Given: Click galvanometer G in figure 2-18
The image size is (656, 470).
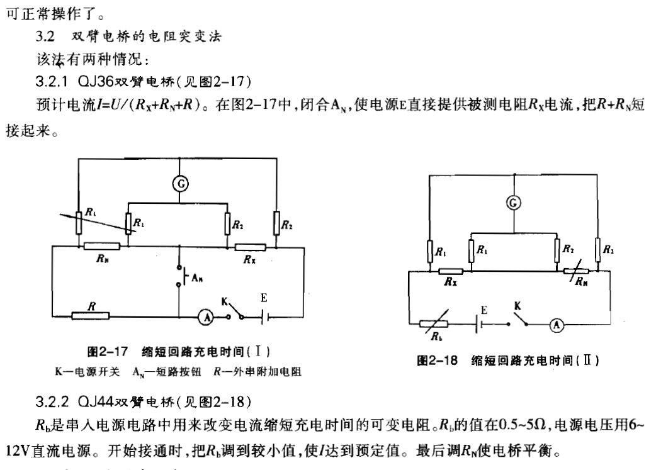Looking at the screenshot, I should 514,203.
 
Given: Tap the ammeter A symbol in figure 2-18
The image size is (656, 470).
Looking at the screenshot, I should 555,325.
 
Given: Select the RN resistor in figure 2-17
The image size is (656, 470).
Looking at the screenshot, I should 102,246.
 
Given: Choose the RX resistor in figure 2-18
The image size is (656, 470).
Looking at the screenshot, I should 450,271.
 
